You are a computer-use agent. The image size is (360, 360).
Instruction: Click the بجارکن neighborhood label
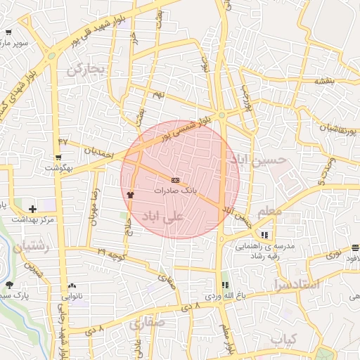(85, 70)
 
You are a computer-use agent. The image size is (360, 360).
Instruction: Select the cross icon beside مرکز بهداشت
(32, 209)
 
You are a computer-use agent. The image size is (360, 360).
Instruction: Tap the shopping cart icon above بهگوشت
(58, 157)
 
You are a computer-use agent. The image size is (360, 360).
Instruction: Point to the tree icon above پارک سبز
(9, 285)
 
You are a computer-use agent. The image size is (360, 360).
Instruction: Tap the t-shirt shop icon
(129, 194)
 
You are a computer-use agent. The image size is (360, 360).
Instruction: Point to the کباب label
(284, 340)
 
